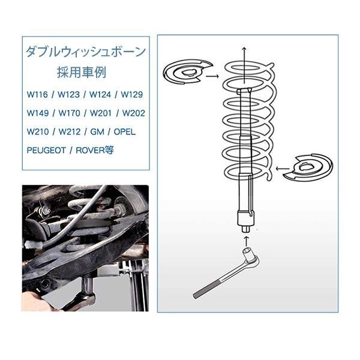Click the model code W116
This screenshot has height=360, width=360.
(x=37, y=94)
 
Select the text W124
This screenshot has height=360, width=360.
(x=100, y=94)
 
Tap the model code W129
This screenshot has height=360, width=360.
(x=132, y=94)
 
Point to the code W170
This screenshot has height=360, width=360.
(x=69, y=113)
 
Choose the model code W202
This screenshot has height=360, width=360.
(x=133, y=113)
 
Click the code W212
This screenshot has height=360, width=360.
(x=70, y=131)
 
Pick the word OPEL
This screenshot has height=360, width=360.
(x=124, y=131)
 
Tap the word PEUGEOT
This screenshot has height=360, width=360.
(x=46, y=150)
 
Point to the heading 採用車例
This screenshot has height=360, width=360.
(x=82, y=73)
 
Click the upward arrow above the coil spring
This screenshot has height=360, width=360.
(x=245, y=65)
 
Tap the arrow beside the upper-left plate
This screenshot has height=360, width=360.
(x=212, y=76)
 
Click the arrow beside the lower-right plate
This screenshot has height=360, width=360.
(x=283, y=169)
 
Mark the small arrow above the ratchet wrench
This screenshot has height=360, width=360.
(x=246, y=241)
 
